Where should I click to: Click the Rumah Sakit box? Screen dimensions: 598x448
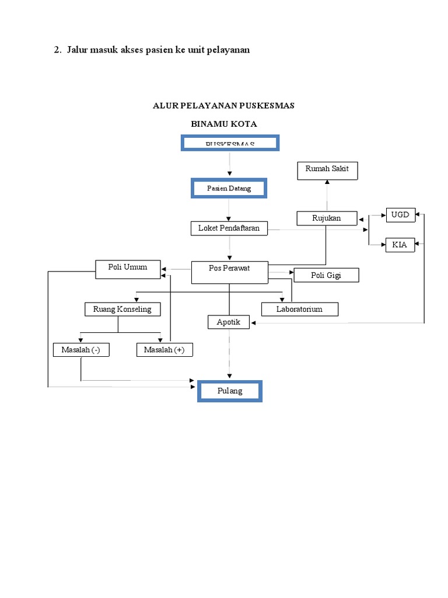[x=327, y=171]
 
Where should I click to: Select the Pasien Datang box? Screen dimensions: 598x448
[x=229, y=189]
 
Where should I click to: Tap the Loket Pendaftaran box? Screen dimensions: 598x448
[x=229, y=228]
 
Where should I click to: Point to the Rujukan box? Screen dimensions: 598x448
[x=327, y=218]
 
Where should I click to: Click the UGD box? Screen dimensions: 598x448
[x=400, y=214]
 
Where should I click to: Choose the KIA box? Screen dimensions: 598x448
[x=400, y=245]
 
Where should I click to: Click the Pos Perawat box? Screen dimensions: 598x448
[x=229, y=272]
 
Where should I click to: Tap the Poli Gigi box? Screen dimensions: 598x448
[x=325, y=275]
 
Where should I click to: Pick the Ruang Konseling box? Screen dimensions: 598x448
[x=122, y=309]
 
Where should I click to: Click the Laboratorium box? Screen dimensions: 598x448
[x=299, y=309]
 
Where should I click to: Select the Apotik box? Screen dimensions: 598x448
[x=229, y=322]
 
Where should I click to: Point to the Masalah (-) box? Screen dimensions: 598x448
[x=80, y=350]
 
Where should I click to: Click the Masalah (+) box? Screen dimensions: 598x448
[x=164, y=350]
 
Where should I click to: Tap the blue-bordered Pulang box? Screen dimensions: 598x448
[x=230, y=391]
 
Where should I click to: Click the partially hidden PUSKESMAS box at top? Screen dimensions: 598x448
[x=230, y=142]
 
